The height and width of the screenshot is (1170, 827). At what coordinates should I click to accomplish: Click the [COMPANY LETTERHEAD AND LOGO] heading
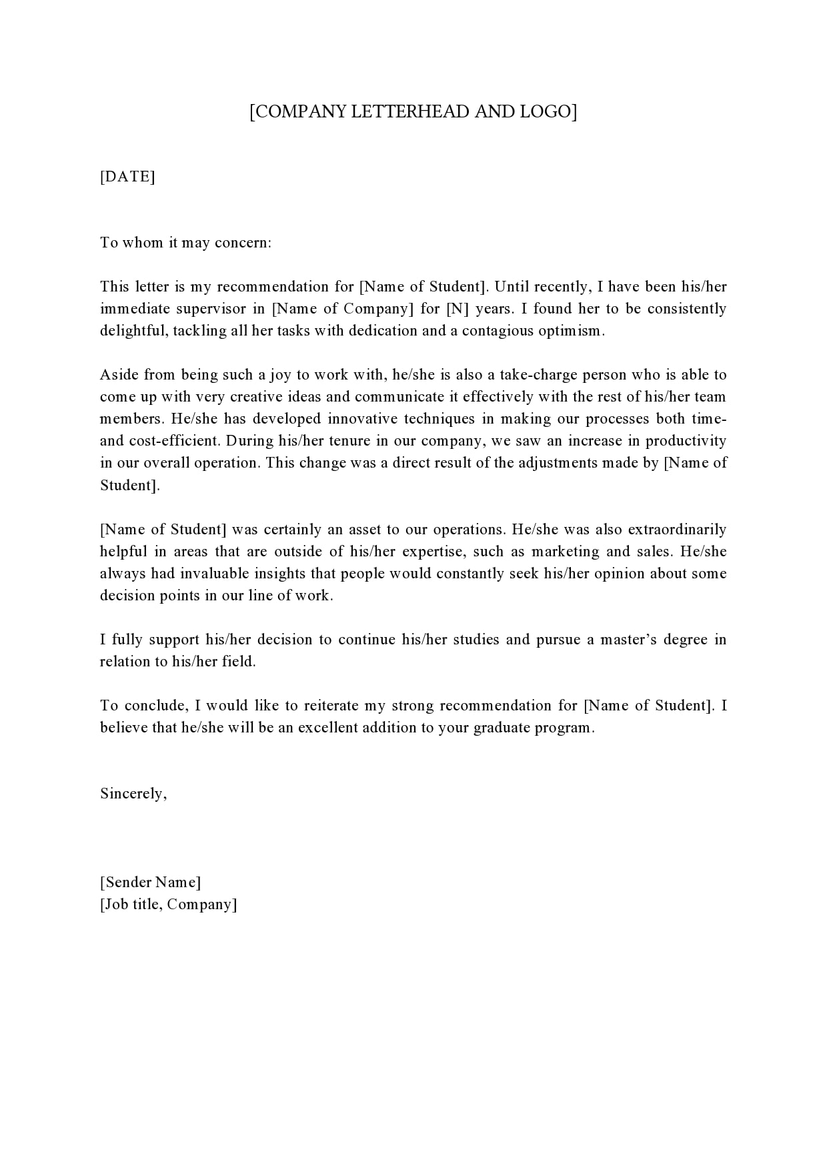point(413,111)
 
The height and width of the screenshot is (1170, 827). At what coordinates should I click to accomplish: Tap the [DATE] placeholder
point(127,177)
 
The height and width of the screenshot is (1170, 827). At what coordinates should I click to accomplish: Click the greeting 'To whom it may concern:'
point(185,242)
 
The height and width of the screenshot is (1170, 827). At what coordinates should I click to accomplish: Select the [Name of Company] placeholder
point(343,309)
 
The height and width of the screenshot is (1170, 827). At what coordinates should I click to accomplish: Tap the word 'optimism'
point(571,331)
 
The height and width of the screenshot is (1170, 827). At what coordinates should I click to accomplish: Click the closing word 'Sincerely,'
point(133,794)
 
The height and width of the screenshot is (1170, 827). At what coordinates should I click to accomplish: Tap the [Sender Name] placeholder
point(150,883)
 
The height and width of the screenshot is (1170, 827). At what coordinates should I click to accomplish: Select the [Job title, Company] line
point(168,905)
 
